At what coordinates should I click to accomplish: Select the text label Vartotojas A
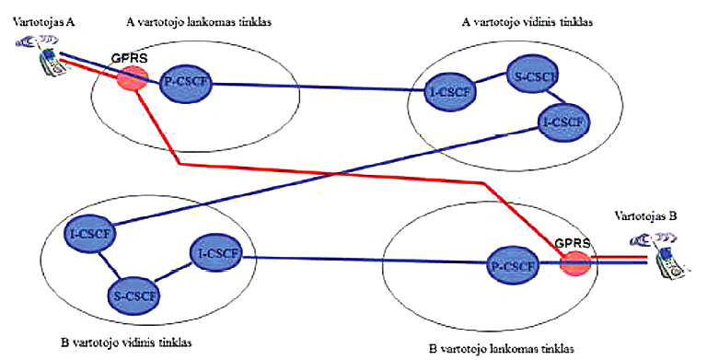(44, 22)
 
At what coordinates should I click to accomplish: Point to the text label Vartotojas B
(646, 215)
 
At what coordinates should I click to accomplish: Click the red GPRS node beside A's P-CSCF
(133, 78)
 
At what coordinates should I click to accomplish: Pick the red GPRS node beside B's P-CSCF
(575, 263)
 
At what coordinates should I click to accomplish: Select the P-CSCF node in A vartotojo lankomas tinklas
(185, 85)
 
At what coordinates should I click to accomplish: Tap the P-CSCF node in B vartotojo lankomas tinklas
(514, 265)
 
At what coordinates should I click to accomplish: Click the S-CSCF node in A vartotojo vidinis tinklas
(533, 75)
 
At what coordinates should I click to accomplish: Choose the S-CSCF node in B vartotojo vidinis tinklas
(134, 296)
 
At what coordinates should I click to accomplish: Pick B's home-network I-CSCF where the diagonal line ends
(89, 233)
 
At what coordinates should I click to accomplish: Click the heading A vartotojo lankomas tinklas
(198, 22)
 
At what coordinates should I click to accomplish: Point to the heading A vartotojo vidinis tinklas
(527, 22)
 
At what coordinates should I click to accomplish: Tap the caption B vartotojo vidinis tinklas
(126, 343)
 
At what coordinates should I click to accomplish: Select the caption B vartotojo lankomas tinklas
(501, 349)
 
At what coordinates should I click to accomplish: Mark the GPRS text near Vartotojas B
(572, 243)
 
